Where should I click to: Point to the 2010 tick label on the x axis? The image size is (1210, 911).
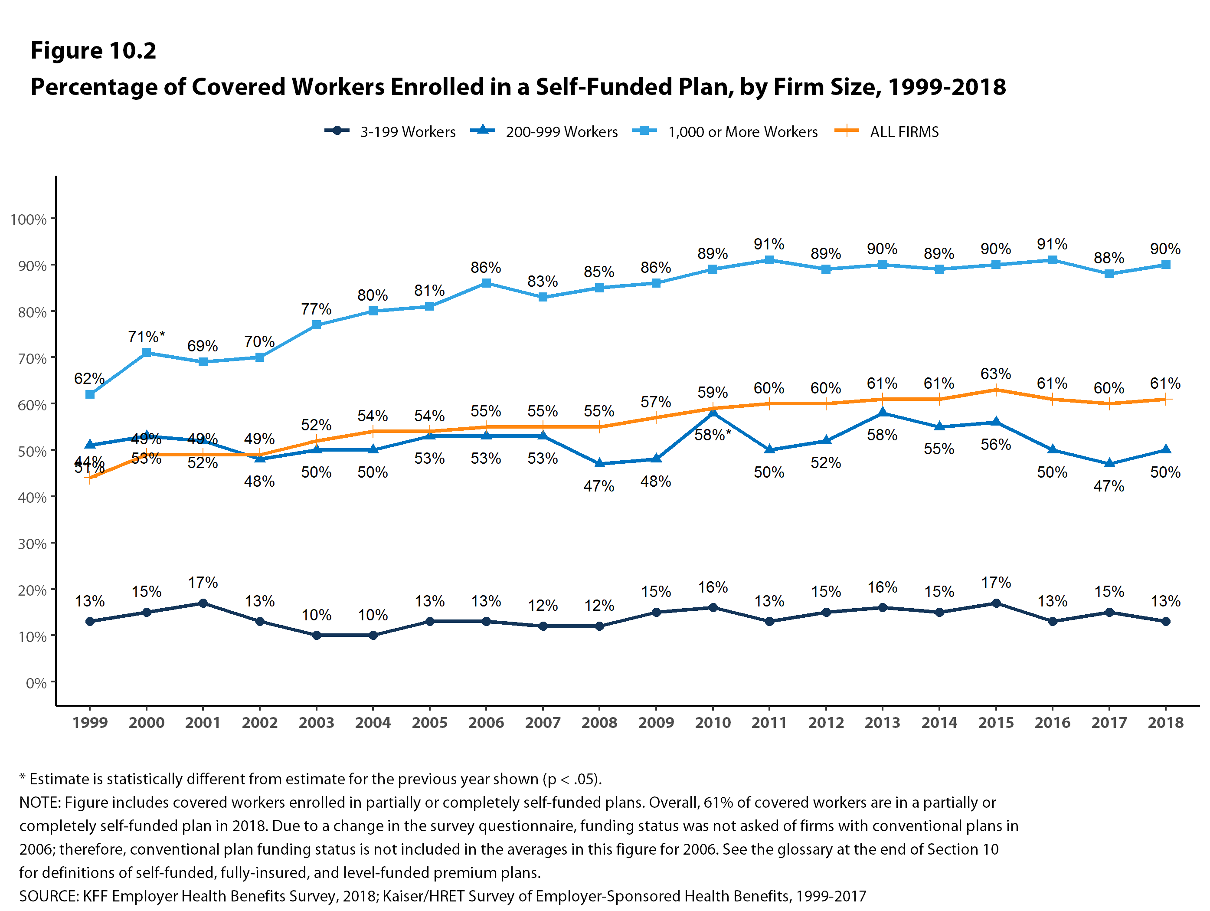tap(712, 723)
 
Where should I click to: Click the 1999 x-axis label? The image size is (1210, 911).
tap(90, 723)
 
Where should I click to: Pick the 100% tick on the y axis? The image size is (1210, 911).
tap(29, 220)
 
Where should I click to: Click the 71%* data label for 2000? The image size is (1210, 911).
tap(146, 337)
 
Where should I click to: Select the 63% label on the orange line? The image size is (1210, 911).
tap(996, 374)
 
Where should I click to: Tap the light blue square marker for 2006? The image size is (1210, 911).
tap(486, 283)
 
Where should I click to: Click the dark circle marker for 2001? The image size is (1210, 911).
tap(203, 603)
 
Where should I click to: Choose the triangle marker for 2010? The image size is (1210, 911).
tap(713, 413)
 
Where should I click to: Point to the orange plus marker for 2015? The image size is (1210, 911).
tap(996, 390)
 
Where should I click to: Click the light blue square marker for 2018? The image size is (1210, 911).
tap(1166, 265)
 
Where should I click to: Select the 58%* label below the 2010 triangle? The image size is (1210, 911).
tap(712, 435)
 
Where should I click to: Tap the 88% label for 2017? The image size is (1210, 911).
tap(1109, 258)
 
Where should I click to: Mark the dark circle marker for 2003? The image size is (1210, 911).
tap(316, 635)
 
